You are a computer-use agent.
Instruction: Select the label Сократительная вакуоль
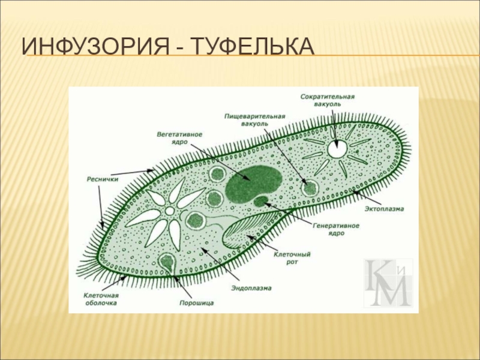[x=327, y=100]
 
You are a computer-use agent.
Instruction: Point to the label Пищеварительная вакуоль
[x=254, y=119]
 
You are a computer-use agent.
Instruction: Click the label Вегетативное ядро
[x=179, y=137]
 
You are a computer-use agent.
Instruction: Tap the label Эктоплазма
[x=384, y=209]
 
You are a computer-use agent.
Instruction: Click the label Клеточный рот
[x=292, y=257]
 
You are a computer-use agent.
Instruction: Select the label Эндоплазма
[x=251, y=289]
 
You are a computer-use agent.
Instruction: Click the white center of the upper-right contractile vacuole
[x=337, y=149]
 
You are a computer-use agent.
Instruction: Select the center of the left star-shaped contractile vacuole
[x=169, y=211]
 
